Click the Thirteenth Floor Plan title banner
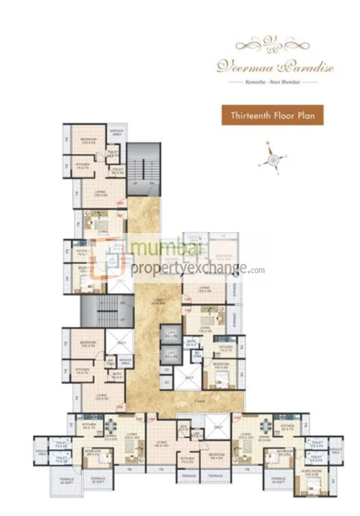pos(272,114)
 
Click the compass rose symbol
pos(274,160)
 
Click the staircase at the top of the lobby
pos(143,169)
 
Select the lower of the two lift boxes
pos(171,356)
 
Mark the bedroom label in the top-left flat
pos(88,140)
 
